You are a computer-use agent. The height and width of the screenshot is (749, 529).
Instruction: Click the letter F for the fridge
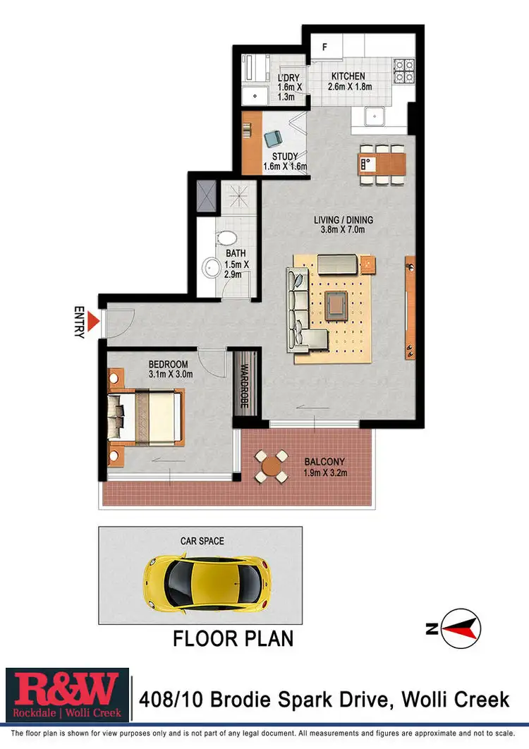coord(324,48)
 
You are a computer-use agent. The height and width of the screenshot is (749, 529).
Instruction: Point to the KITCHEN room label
coord(348,76)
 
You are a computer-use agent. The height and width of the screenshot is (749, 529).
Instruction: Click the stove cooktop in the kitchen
coord(404,69)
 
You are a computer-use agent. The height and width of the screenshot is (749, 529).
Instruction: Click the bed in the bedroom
coord(149,417)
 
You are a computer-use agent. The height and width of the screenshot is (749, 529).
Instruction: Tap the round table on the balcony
coord(271,466)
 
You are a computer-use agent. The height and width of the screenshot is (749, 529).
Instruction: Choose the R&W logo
coord(68,696)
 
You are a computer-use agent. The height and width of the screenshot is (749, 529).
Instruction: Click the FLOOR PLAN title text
coord(233,639)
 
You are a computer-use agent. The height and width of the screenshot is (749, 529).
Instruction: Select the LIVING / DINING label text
coord(343,220)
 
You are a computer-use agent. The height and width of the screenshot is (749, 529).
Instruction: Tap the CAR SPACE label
coord(202,541)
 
